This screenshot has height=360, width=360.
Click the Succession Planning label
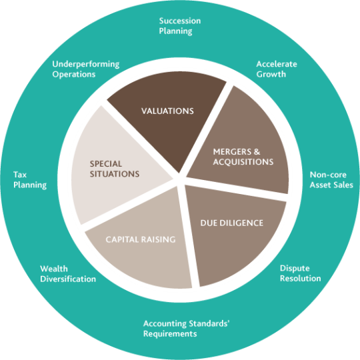tap(180, 26)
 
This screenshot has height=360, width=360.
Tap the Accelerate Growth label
tap(277, 69)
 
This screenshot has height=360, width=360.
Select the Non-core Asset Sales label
tap(331, 180)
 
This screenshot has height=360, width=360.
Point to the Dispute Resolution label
tap(300, 273)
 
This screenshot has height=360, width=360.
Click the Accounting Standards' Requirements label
tap(187, 329)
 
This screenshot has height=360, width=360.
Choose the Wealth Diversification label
tap(68, 274)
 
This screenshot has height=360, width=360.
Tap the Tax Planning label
tap(30, 180)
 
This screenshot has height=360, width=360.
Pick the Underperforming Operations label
tap(86, 69)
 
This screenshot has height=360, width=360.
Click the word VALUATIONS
tap(167, 111)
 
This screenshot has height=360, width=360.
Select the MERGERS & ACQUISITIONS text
tap(243, 157)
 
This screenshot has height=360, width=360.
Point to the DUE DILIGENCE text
tap(231, 223)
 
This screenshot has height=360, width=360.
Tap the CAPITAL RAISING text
tap(141, 239)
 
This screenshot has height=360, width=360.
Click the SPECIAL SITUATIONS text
tap(115, 169)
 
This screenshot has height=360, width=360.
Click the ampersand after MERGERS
tap(257, 152)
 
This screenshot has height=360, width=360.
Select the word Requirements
tap(170, 334)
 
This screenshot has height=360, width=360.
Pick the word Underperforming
tap(86, 64)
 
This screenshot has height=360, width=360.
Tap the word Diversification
tap(68, 279)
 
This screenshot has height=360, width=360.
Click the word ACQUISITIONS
tap(243, 162)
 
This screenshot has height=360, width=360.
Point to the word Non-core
tap(328, 175)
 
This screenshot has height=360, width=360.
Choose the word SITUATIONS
tap(115, 174)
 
